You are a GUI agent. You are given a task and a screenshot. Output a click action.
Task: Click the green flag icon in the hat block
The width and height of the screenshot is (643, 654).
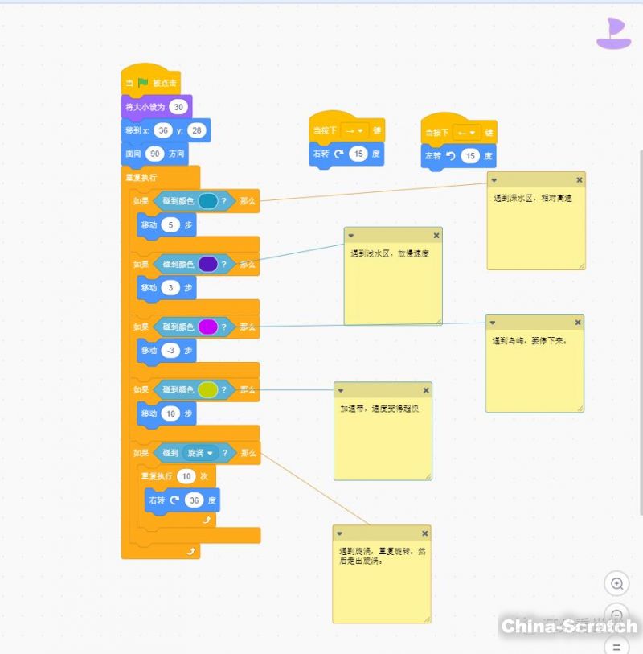click(143, 83)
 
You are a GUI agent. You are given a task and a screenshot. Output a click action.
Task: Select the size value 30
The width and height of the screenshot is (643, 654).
click(178, 107)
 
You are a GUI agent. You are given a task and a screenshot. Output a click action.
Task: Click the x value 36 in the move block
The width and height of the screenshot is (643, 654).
click(163, 130)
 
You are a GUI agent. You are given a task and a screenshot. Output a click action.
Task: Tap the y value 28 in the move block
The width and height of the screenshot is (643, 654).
click(198, 130)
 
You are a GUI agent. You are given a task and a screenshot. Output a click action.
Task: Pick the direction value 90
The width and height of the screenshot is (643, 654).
click(155, 153)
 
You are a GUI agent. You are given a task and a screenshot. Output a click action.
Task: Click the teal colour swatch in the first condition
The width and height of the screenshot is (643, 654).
click(207, 201)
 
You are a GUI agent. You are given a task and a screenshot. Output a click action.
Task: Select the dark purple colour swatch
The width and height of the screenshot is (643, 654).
click(207, 264)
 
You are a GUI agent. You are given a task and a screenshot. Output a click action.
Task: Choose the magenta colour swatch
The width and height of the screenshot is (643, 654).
click(207, 327)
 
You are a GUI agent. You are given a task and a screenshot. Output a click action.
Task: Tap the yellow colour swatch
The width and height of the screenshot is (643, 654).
click(207, 389)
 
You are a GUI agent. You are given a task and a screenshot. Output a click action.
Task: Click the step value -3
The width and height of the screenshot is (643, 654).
click(170, 351)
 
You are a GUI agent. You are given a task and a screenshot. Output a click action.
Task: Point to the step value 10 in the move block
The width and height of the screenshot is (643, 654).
click(170, 413)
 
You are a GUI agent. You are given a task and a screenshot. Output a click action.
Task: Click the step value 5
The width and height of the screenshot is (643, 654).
click(170, 225)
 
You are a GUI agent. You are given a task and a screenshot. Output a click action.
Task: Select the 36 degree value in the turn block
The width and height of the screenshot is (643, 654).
click(195, 500)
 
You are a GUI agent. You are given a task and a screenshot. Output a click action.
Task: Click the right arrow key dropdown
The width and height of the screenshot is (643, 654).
click(353, 131)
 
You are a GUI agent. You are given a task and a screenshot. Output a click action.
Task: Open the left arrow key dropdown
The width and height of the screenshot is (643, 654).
click(465, 132)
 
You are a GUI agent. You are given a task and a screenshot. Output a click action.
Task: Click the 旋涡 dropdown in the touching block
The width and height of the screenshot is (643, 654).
click(200, 453)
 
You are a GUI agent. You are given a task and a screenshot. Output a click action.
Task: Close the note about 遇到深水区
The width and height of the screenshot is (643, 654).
click(579, 180)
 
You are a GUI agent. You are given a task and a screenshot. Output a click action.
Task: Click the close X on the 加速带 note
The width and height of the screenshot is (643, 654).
click(426, 390)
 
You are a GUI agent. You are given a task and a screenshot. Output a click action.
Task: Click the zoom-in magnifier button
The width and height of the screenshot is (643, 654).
click(616, 584)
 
